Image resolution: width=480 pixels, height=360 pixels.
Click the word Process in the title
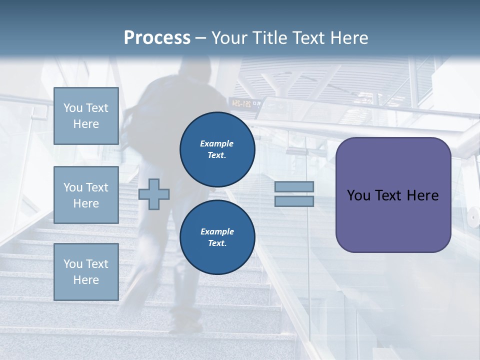click(x=157, y=37)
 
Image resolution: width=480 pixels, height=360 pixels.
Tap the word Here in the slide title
click(x=348, y=37)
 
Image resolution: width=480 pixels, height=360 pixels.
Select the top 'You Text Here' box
click(x=86, y=116)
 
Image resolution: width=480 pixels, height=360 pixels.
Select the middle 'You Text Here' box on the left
click(x=86, y=195)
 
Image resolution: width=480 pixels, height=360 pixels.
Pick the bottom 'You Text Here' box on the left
click(x=86, y=271)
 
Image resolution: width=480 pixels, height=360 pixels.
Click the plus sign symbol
click(x=154, y=194)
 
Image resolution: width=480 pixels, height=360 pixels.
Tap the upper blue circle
click(x=217, y=149)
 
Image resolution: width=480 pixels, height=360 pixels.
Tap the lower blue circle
click(x=217, y=237)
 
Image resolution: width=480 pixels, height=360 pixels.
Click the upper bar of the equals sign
click(x=294, y=186)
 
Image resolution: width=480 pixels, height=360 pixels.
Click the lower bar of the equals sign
click(x=294, y=201)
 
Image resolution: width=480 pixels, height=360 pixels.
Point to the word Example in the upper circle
click(x=216, y=143)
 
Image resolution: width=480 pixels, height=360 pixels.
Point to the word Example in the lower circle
click(x=216, y=231)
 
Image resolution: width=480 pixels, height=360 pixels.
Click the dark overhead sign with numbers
click(x=245, y=103)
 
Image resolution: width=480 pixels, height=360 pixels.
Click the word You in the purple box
click(x=358, y=195)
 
